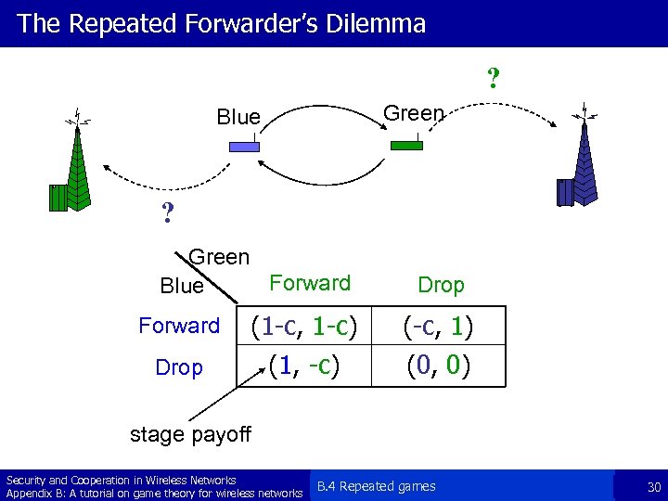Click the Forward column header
point(309,283)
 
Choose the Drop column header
point(441,285)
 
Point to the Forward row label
point(179,326)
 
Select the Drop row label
point(179,367)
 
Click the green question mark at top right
point(494,77)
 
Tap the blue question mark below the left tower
point(168,214)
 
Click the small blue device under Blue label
point(245,146)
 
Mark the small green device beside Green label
point(406,145)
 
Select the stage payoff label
point(190,433)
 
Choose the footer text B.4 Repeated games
point(376,486)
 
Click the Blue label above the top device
point(238,117)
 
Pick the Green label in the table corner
point(219,256)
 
